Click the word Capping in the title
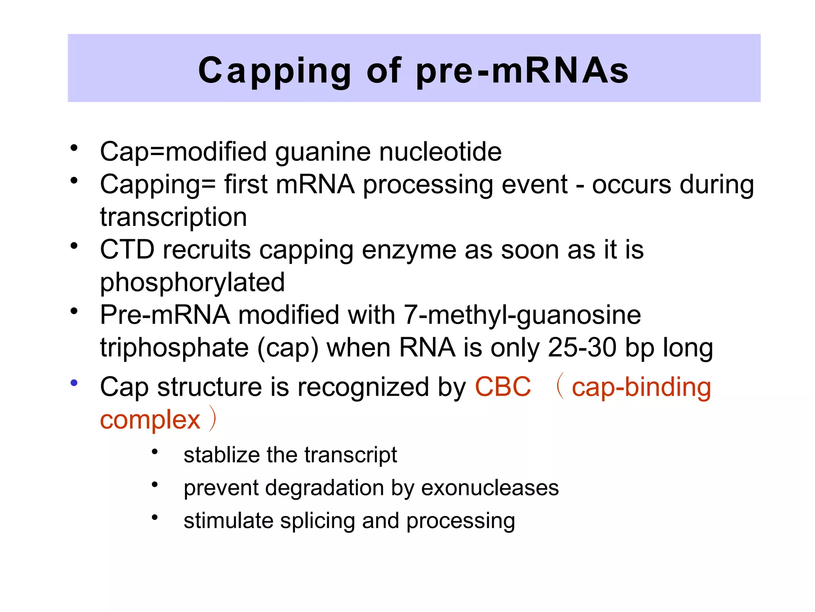point(275,71)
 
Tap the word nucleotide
point(440,152)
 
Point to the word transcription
point(174,217)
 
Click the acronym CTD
point(127,250)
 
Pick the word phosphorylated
point(192,283)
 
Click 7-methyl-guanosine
point(522,315)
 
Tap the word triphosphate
point(174,348)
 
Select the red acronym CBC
point(503,386)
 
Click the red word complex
point(150,420)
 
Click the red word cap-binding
point(641,387)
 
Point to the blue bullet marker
point(74,383)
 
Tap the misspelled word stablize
point(221,455)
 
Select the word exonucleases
point(490,488)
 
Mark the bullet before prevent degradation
point(155,484)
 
